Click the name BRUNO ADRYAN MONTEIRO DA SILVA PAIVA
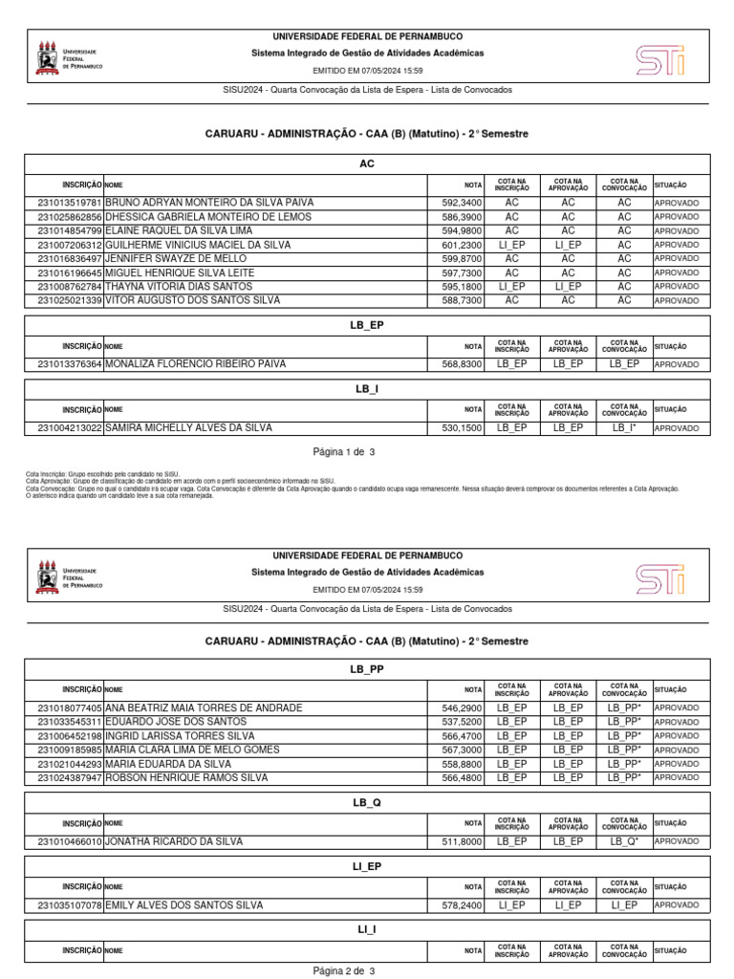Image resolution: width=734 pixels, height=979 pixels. coord(208,203)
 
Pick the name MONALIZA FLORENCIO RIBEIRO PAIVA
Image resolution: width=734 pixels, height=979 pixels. coord(195,364)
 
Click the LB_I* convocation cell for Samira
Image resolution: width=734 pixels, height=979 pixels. coord(624,427)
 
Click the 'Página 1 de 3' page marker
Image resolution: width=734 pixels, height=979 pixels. coord(344,450)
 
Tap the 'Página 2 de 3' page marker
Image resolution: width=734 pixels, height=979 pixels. coord(344,971)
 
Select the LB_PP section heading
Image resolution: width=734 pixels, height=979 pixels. coord(367,669)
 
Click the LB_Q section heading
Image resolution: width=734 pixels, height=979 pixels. coord(367,802)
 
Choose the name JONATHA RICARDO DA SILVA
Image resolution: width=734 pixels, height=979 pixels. coord(174,841)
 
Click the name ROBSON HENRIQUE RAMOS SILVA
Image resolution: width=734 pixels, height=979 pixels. coord(186,777)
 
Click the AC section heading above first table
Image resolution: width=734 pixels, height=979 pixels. coord(367,163)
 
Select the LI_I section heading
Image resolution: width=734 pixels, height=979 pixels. coord(367,929)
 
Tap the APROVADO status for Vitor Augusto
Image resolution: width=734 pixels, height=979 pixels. coord(677,300)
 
